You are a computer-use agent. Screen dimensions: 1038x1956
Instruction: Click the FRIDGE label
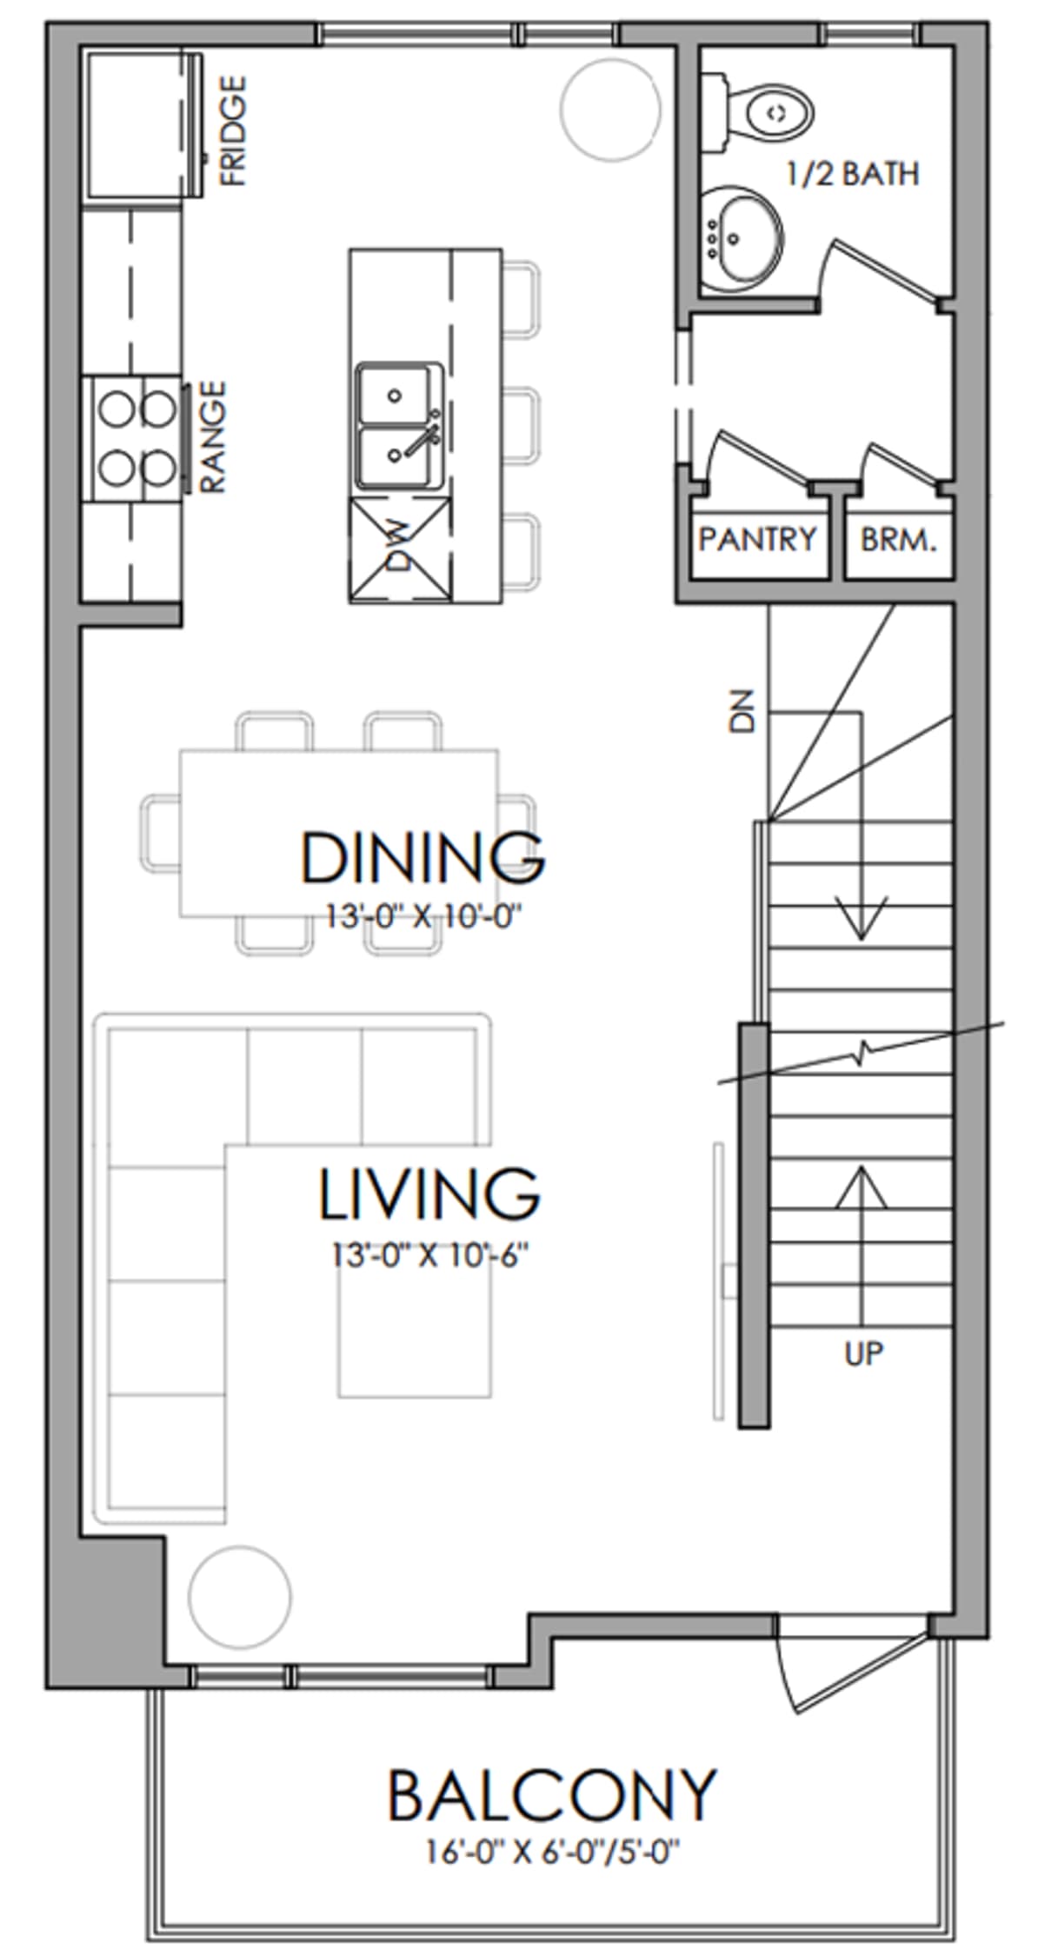pos(233,130)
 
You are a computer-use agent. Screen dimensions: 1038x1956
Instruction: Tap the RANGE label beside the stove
pos(212,437)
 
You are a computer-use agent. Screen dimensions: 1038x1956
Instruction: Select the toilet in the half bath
pos(758,110)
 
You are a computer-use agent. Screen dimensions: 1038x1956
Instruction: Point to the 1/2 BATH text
pos(853,174)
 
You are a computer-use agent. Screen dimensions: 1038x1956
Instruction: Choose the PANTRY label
pos(757,539)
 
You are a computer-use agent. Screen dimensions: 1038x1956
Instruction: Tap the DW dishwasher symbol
pos(401,550)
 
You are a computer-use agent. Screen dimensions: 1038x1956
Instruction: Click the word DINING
pos(423,857)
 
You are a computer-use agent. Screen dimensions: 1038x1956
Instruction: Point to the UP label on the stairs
pos(863,1354)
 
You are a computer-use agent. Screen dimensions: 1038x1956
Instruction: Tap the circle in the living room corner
pos(240,1597)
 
